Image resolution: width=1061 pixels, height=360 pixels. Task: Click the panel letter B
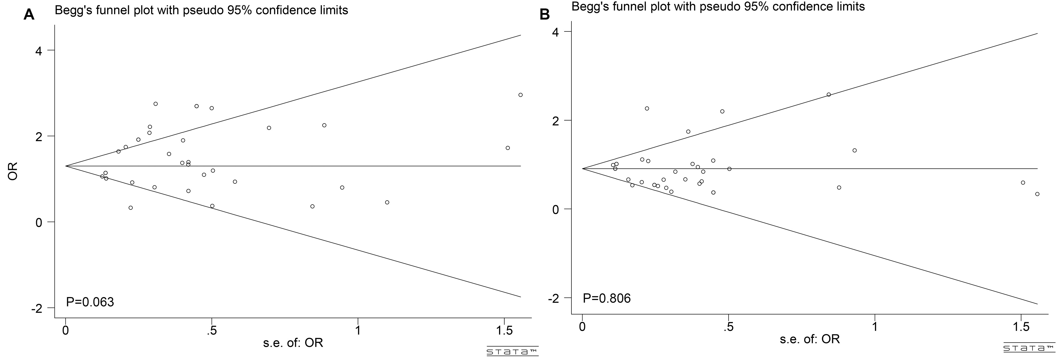(x=545, y=15)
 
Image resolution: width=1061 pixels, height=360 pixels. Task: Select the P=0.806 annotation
(x=607, y=298)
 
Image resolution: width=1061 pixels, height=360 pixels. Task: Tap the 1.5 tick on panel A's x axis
(x=505, y=330)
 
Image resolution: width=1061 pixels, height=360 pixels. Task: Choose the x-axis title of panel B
(x=809, y=339)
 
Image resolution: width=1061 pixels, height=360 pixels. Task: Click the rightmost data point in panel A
(x=520, y=95)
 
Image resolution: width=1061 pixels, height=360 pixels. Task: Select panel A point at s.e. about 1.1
(x=387, y=202)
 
